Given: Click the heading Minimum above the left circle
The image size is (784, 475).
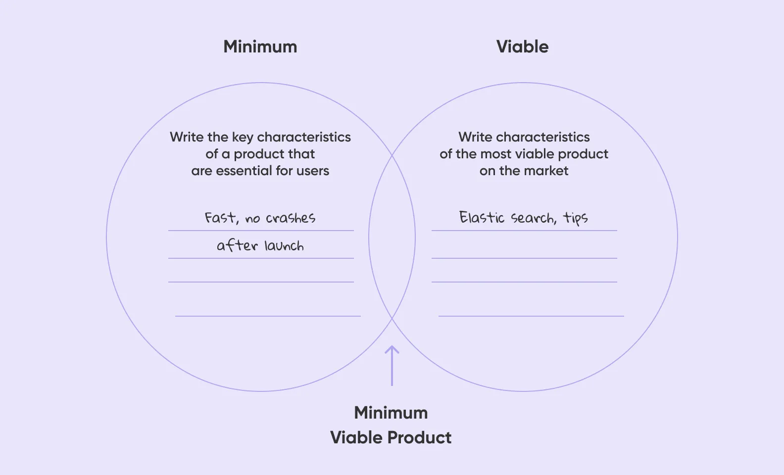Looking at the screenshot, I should [x=260, y=47].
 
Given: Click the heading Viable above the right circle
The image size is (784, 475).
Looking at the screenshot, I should [x=522, y=47].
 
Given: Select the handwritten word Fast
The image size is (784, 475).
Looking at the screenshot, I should [x=221, y=218].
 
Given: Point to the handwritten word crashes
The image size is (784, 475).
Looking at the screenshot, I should [x=291, y=218].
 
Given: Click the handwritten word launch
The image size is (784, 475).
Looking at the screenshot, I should [x=284, y=246].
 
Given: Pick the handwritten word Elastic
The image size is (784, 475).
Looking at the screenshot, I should [x=482, y=218].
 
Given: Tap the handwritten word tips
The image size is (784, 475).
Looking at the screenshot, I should [x=576, y=218].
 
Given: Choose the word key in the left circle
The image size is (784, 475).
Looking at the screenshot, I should [x=243, y=138].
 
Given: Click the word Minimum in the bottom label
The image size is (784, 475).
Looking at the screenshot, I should [x=391, y=413].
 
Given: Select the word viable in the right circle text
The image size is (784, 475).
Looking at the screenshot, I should [x=530, y=154].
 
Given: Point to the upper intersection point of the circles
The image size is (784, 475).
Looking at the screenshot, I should [x=392, y=155].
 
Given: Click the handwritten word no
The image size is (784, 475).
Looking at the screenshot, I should [x=252, y=219].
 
